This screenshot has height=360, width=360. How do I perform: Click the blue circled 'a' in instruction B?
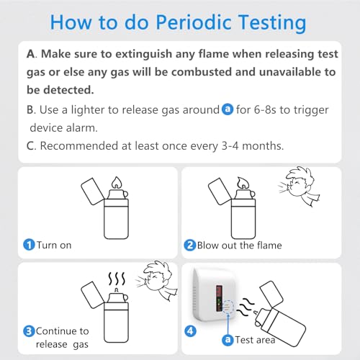coord(228,110)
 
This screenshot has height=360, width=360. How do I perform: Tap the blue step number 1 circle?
coord(28,245)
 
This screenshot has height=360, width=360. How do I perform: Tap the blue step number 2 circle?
coord(190,245)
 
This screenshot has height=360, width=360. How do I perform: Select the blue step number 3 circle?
coord(28,331)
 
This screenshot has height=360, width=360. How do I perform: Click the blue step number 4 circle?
coord(191,331)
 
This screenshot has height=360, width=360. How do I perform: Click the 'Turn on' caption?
coord(55,245)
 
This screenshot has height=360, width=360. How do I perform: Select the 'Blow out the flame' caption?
coord(240,245)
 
